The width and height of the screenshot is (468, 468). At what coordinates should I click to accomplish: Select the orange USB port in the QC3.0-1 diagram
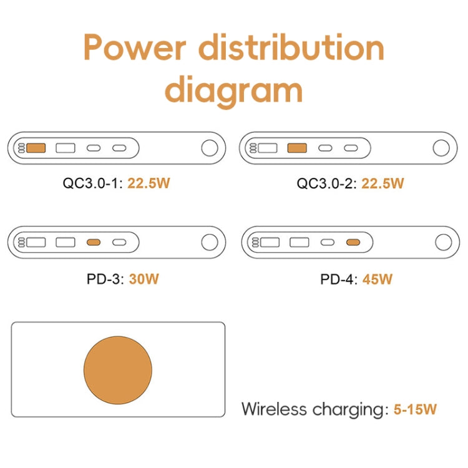pyautogui.click(x=37, y=149)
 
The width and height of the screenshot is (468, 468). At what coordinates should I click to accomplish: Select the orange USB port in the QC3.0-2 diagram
pyautogui.click(x=296, y=149)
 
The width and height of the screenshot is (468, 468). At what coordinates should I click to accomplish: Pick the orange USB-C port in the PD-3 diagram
pyautogui.click(x=94, y=242)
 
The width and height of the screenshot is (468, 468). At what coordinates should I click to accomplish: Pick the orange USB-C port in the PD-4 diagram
pyautogui.click(x=353, y=242)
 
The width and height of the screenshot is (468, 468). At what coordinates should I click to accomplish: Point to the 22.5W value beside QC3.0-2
pyautogui.click(x=383, y=183)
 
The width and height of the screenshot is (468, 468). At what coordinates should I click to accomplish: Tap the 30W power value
pyautogui.click(x=144, y=278)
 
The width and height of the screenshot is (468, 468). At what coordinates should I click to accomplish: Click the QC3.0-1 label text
pyautogui.click(x=92, y=183)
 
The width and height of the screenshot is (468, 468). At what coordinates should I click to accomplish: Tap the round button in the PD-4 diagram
pyautogui.click(x=442, y=242)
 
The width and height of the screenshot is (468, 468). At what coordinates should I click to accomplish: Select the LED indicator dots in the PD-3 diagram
pyautogui.click(x=21, y=242)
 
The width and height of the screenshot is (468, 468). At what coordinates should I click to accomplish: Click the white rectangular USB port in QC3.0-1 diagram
pyautogui.click(x=66, y=149)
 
